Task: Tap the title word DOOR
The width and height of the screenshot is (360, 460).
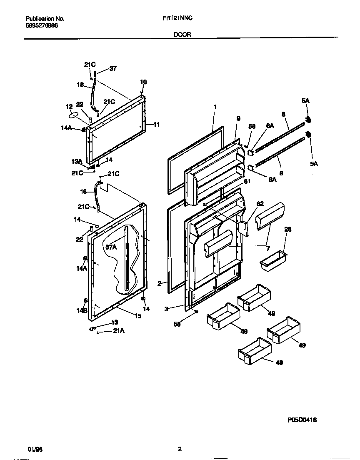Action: [182, 35]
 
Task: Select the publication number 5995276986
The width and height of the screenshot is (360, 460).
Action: [42, 25]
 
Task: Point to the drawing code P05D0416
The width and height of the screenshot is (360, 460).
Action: [302, 420]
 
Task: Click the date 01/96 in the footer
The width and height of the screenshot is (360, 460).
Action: [35, 449]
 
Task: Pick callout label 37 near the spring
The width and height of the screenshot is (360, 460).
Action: [113, 69]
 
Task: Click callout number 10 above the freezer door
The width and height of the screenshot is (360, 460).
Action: [143, 82]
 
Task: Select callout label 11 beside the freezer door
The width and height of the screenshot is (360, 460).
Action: [157, 124]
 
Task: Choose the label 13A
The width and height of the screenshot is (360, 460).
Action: [76, 161]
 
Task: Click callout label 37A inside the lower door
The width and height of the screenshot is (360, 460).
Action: [111, 247]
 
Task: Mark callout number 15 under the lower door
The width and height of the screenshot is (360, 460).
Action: [137, 316]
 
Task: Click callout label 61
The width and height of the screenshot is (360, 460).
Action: [247, 181]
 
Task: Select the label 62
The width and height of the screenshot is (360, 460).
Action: [260, 204]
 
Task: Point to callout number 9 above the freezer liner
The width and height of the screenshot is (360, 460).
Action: [238, 119]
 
